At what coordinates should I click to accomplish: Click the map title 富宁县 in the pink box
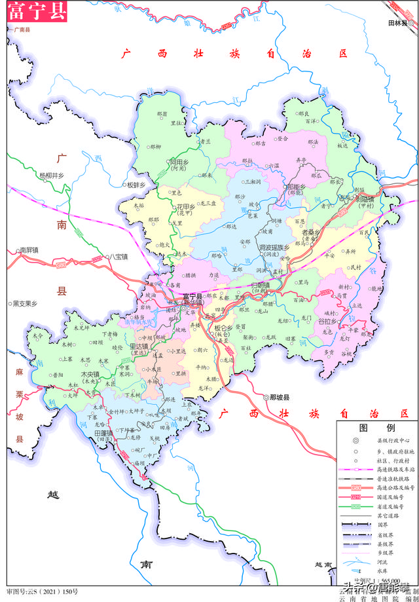point(37,12)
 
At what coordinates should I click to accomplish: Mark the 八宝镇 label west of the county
point(120,257)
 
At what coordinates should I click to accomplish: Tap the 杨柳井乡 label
point(52,176)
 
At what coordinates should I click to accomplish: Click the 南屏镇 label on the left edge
point(29,250)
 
